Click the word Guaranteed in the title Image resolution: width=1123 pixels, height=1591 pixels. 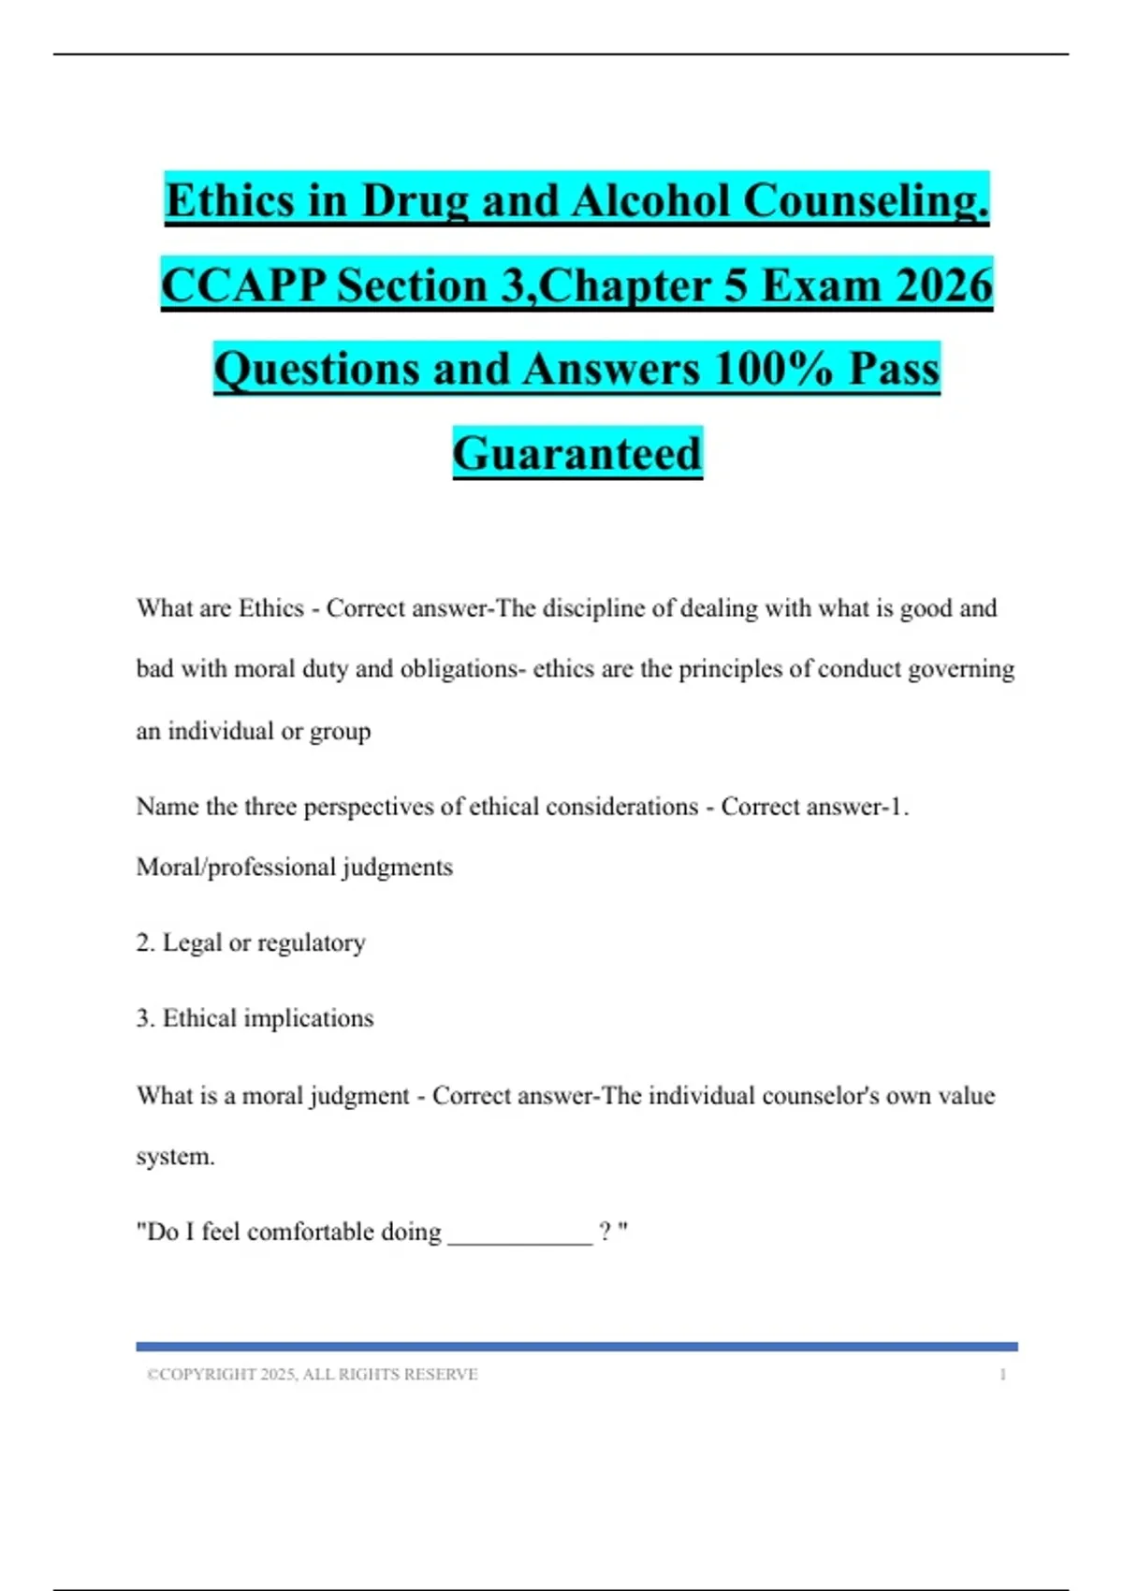[x=577, y=453]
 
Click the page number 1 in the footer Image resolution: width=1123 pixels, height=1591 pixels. [x=1002, y=1374]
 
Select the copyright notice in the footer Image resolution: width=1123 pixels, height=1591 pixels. [x=312, y=1374]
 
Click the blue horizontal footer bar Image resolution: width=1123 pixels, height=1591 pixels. [x=576, y=1347]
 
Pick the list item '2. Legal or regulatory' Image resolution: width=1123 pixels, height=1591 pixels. [x=251, y=942]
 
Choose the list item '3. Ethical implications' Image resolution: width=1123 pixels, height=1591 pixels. [x=255, y=1018]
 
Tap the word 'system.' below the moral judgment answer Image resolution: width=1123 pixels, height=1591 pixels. [x=175, y=1157]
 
